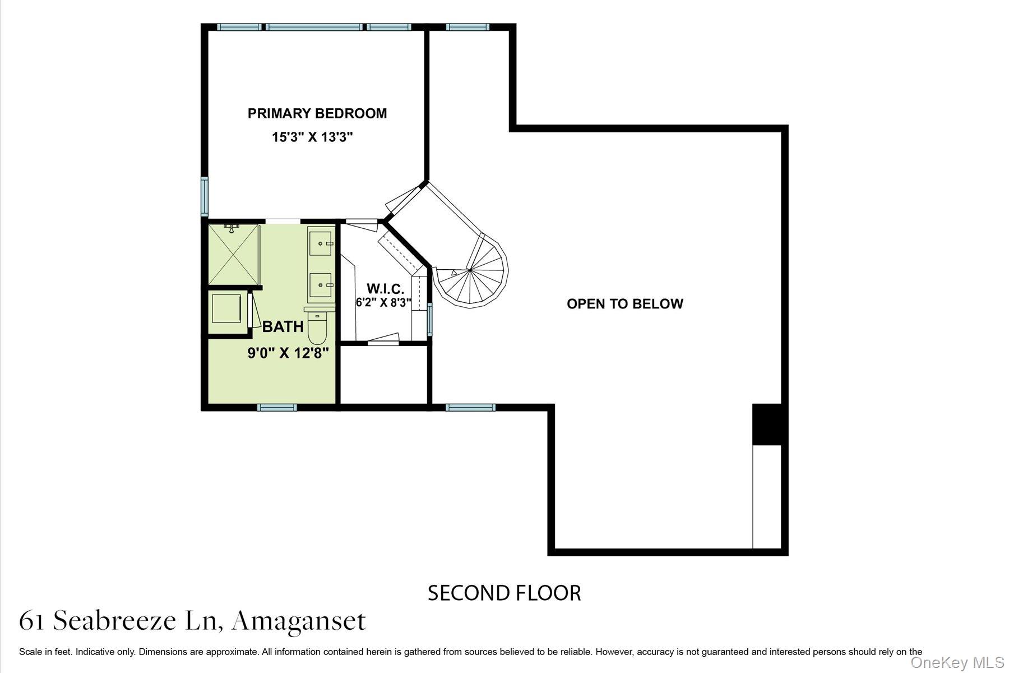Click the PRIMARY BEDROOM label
[317, 113]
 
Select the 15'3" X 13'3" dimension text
[312, 137]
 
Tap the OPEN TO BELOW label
[624, 304]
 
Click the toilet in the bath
[317, 329]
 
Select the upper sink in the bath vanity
[320, 243]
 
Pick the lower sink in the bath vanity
[320, 285]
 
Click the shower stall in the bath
[234, 254]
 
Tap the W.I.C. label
[385, 289]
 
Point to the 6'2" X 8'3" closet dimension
[383, 302]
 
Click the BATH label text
[283, 326]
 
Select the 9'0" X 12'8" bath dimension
[288, 353]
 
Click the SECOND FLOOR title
[504, 593]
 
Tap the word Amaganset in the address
[299, 621]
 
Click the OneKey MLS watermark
[957, 662]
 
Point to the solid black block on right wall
[766, 424]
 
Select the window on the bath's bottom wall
[277, 407]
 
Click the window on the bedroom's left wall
[205, 196]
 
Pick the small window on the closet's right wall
[430, 319]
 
